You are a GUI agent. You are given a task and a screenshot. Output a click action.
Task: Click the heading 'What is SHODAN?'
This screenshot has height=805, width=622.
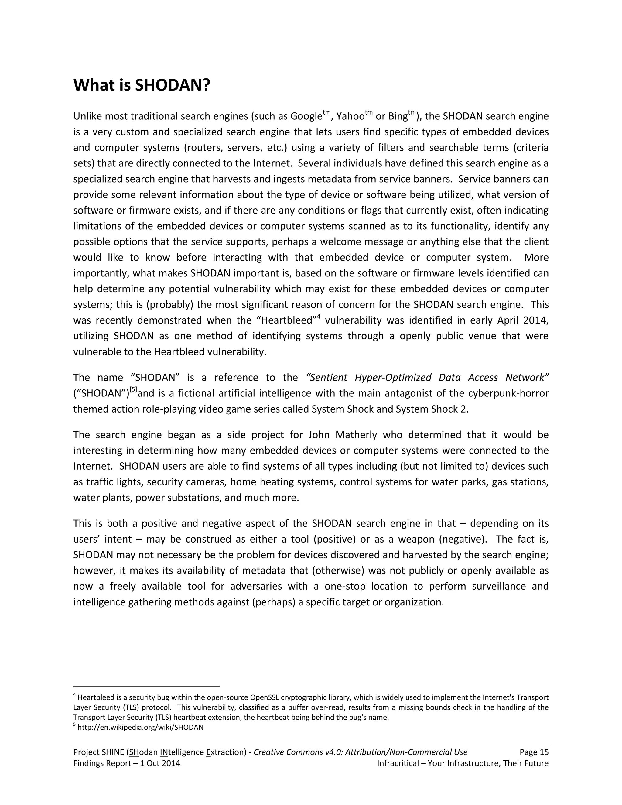coord(142,85)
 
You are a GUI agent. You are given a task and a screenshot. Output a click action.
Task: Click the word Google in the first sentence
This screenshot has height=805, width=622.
coord(306,116)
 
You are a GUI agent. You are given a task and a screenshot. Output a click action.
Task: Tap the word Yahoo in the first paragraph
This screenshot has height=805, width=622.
coord(350,116)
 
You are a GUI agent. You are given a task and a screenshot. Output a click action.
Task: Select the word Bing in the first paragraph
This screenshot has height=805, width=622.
coord(398,116)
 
